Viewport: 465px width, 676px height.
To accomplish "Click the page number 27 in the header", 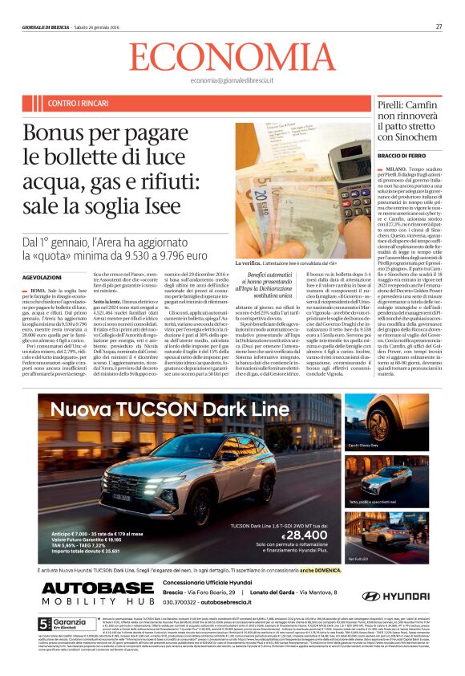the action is [x=439, y=26].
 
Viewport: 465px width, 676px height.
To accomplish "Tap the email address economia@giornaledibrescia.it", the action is [x=232, y=80].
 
